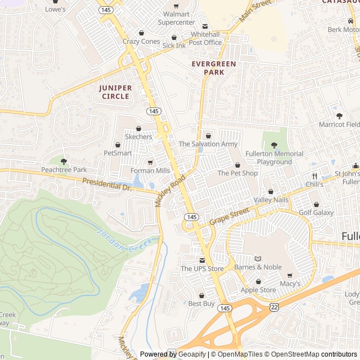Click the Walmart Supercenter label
click(176, 18)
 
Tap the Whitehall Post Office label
click(205, 38)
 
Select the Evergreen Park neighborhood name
click(214, 68)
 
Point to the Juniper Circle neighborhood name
click(115, 92)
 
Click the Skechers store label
click(138, 137)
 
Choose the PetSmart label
click(118, 152)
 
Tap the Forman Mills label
click(150, 170)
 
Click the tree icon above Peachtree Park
click(64, 161)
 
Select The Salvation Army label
click(208, 144)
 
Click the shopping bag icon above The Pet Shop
click(237, 165)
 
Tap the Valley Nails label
click(271, 200)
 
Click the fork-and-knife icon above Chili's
click(314, 175)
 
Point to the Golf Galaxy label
click(316, 213)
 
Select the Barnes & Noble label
click(258, 267)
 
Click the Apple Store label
click(258, 290)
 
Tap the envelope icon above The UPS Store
click(202, 260)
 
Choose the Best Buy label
click(201, 304)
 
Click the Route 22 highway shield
click(274, 306)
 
